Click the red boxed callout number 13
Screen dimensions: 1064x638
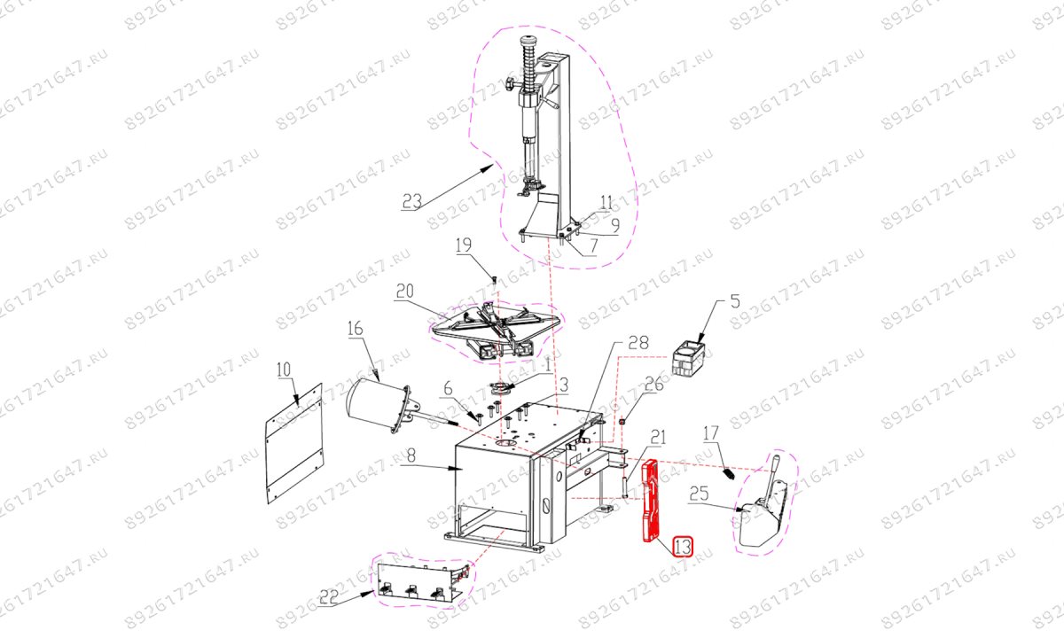(x=683, y=547)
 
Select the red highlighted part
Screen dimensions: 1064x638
(x=650, y=501)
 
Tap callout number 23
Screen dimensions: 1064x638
(x=411, y=202)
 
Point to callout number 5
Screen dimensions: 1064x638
(x=735, y=301)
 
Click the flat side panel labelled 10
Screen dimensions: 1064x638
(x=294, y=443)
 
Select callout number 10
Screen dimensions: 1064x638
(x=284, y=370)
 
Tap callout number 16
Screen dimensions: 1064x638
(x=355, y=328)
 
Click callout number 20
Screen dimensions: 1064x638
(x=405, y=291)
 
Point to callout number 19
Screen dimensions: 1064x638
(x=464, y=245)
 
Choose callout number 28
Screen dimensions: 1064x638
(x=638, y=343)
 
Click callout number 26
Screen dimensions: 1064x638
(x=653, y=384)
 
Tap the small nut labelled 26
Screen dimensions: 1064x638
(x=623, y=422)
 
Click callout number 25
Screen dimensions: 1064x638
(x=700, y=494)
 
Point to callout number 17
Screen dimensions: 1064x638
(x=711, y=433)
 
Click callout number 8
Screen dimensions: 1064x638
(x=411, y=456)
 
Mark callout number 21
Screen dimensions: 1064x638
(x=658, y=438)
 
